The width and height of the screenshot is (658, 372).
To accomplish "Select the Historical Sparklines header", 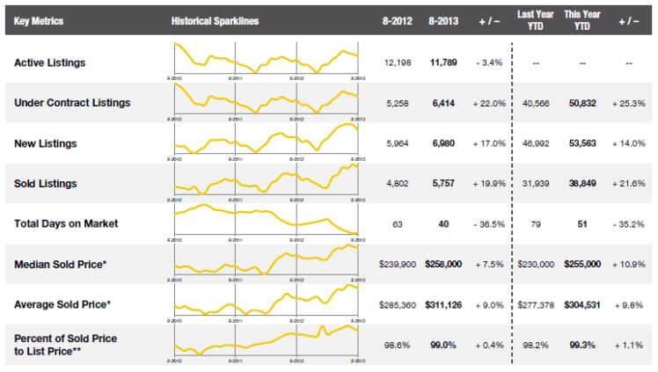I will [x=215, y=19].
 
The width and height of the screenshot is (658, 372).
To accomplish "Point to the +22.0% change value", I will [x=488, y=103].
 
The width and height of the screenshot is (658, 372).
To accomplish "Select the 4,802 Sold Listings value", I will [x=398, y=183].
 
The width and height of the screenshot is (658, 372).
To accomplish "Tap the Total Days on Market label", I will [x=66, y=223].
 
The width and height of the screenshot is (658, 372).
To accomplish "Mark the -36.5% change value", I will [x=488, y=223].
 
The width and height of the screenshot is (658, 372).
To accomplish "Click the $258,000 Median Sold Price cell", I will [x=443, y=264].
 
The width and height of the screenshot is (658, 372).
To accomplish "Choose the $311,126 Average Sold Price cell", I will [x=443, y=304].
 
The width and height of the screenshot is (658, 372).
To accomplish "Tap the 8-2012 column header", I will [x=398, y=19].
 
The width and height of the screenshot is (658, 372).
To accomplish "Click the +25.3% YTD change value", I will [x=628, y=103].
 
